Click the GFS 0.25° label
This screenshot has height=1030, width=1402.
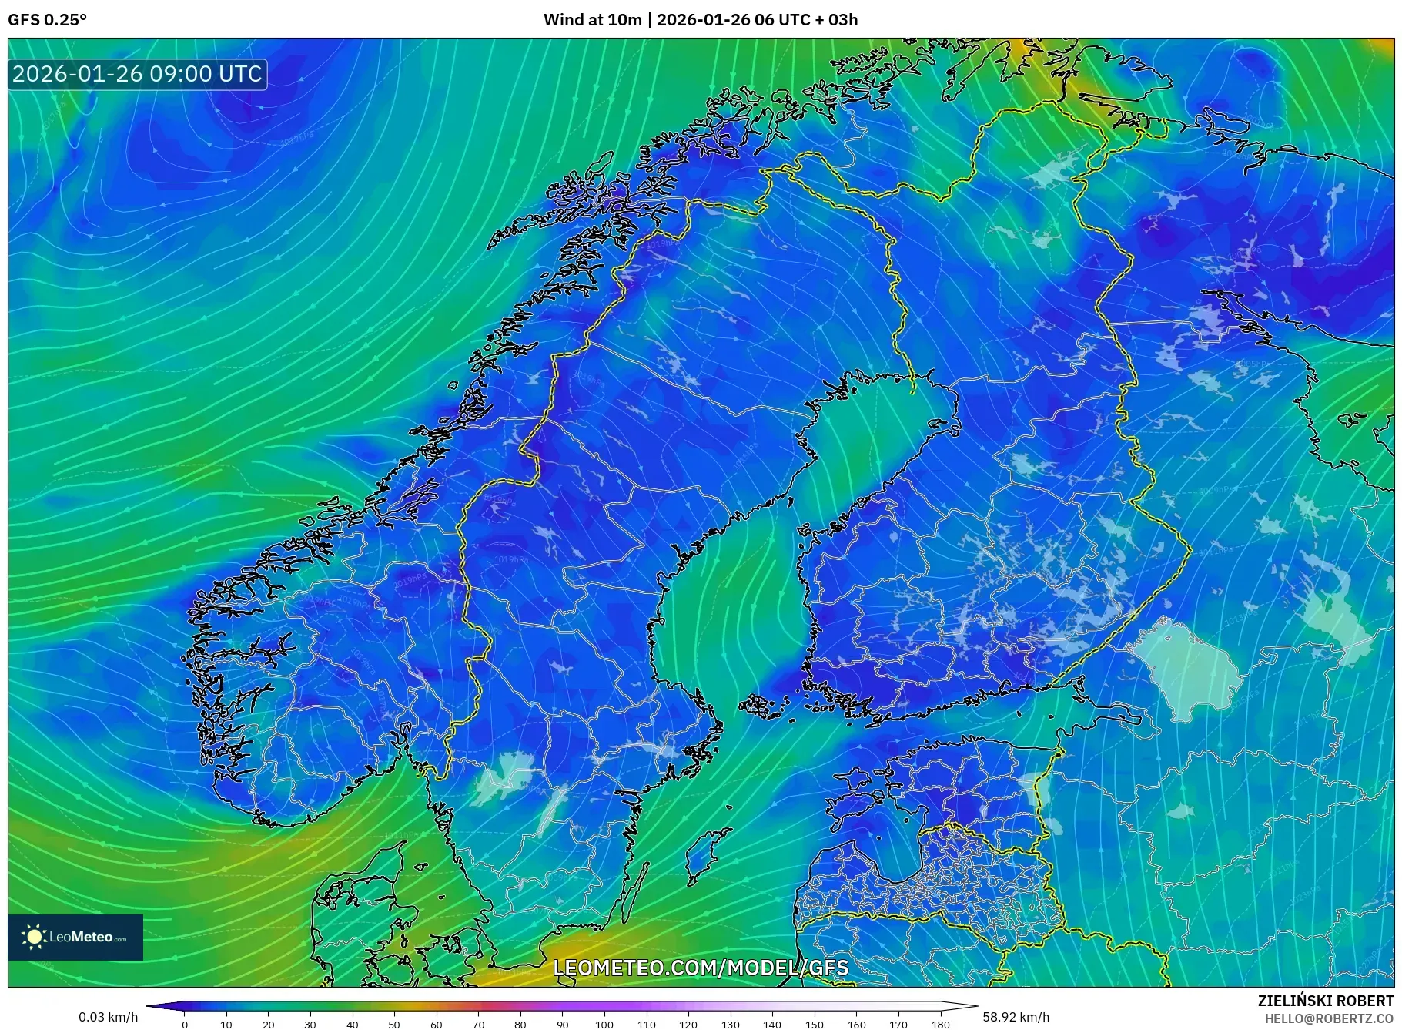coord(47,19)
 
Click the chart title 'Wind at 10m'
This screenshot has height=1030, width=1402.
coord(592,19)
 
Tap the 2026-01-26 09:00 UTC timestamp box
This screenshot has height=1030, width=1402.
coord(138,74)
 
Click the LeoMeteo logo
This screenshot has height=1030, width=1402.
coord(75,937)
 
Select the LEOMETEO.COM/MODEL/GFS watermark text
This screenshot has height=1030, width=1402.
coord(701,968)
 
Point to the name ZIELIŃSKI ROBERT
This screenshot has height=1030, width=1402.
coord(1325,1001)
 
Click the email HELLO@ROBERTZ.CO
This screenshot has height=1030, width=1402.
coord(1328,1018)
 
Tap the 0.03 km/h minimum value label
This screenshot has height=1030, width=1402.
coord(108,1017)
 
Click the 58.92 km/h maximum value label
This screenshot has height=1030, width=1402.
coord(1016,1017)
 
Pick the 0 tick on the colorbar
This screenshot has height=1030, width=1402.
coord(185,1024)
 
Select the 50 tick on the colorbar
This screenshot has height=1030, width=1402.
coord(394,1024)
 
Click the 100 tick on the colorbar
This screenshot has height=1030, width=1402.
coord(604,1024)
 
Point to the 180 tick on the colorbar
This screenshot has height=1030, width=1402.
coord(940,1024)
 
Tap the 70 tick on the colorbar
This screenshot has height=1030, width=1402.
coord(478,1024)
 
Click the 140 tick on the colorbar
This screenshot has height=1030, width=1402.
coord(772,1024)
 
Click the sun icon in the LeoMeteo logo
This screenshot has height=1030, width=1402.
coord(34,937)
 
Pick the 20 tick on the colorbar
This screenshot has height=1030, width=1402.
coord(269,1024)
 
